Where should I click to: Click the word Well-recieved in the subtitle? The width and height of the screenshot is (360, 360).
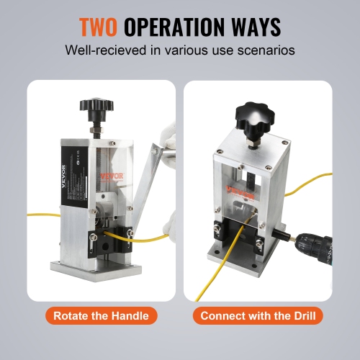tap(99, 52)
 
